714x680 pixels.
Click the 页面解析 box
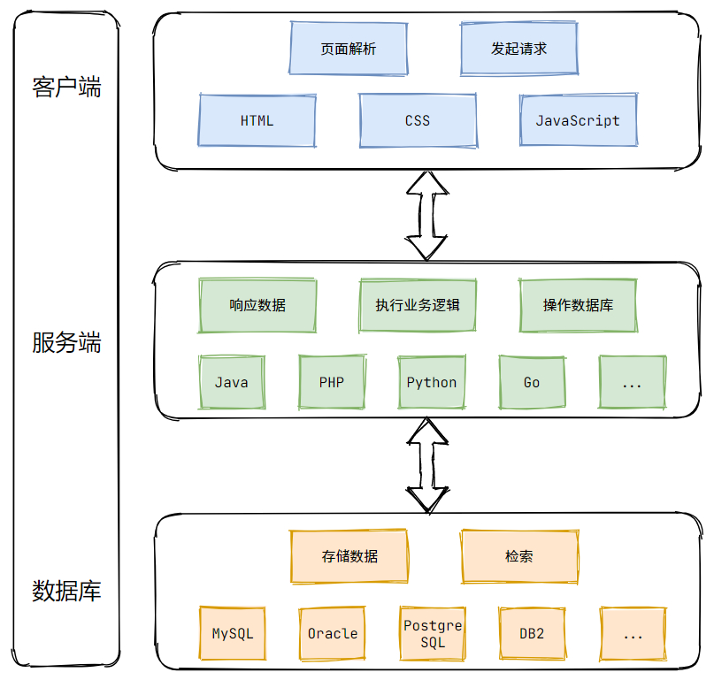(x=349, y=49)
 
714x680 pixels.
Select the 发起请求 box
(x=519, y=49)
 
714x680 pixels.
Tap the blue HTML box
(x=257, y=120)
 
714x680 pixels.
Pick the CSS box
(x=418, y=120)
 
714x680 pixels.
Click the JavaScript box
(x=578, y=120)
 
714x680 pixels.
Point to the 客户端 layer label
(x=66, y=88)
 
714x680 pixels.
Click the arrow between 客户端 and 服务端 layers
(x=426, y=215)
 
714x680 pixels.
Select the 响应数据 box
(x=257, y=305)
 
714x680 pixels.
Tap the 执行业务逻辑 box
(x=418, y=305)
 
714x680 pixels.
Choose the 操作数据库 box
(x=578, y=305)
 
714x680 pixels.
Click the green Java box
(x=232, y=382)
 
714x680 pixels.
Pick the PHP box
(x=332, y=382)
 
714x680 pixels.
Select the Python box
(x=432, y=382)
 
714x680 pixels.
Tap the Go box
(x=532, y=382)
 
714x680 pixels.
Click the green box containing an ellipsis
(x=632, y=382)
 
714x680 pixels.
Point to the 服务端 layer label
(x=66, y=342)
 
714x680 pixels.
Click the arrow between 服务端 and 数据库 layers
(x=426, y=466)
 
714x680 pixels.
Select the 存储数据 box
(x=349, y=556)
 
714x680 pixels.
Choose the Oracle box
(x=332, y=633)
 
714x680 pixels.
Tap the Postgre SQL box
(x=432, y=633)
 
